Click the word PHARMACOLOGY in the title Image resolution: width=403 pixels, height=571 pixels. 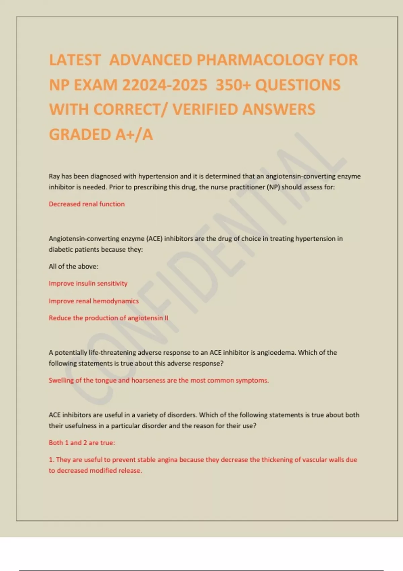point(260,60)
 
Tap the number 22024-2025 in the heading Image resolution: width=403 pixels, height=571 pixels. point(165,85)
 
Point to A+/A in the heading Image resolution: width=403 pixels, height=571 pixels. point(134,134)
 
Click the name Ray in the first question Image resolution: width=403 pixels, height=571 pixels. point(54,176)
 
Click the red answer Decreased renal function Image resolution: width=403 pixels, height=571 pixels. point(87,204)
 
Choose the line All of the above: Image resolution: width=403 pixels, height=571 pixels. point(74,266)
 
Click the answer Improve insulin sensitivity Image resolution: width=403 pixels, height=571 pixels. point(88,283)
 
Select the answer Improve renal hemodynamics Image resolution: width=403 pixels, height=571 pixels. point(94,301)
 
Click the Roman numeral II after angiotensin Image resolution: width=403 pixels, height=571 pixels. point(166,318)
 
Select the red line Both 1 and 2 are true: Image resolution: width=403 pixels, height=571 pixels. point(82,443)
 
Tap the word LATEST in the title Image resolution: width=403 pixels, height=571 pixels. point(75,60)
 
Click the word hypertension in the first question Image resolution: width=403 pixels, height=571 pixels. point(158,176)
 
